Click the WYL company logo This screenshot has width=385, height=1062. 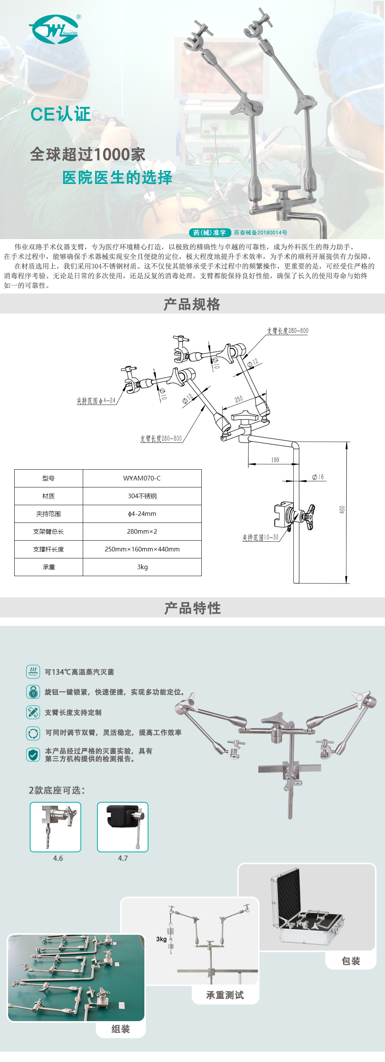point(54,30)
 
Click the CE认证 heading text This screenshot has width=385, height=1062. point(60,114)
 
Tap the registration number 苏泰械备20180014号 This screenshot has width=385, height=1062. point(260,233)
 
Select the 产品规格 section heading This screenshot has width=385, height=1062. point(192,304)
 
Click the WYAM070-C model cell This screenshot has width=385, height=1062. point(142,478)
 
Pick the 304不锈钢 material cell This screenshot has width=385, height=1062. point(142,496)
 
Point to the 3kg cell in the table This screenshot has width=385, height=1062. point(142,567)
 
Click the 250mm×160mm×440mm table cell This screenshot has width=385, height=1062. point(142,549)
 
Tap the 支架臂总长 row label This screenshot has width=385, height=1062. point(49,531)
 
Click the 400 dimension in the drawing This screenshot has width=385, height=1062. point(342,509)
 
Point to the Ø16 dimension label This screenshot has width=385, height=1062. point(318,477)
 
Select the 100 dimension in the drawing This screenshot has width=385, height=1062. point(275,460)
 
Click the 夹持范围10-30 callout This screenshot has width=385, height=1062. point(260,537)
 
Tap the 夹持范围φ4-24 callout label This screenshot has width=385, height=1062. point(96,400)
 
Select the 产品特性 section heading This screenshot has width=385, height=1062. point(192,608)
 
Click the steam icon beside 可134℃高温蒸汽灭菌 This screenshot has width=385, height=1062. point(33,672)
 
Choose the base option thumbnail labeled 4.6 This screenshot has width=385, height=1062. point(55,827)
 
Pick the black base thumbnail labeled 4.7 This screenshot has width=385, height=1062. point(123,827)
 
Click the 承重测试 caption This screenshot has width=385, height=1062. point(225,995)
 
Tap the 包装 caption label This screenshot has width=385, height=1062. point(351,961)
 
